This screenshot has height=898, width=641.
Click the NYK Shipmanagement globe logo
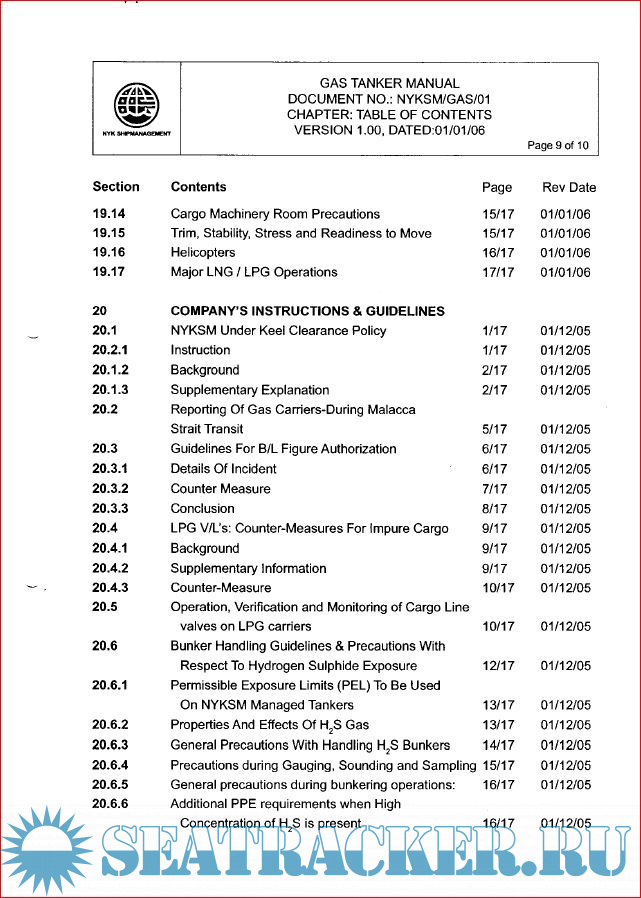click(x=136, y=104)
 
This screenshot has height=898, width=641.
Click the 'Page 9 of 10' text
click(x=558, y=146)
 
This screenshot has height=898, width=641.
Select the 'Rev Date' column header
click(x=568, y=187)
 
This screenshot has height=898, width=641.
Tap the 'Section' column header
click(x=116, y=187)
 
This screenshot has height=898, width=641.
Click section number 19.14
click(x=109, y=214)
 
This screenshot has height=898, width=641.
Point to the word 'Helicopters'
click(x=203, y=253)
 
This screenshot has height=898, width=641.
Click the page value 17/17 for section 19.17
click(x=498, y=272)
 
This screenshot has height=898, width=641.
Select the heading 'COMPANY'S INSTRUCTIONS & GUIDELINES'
click(x=307, y=311)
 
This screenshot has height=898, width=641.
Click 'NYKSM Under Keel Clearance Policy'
click(x=278, y=331)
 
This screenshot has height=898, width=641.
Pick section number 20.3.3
click(x=111, y=508)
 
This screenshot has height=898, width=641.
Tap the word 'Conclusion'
click(x=204, y=508)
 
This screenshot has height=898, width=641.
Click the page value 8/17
click(x=494, y=508)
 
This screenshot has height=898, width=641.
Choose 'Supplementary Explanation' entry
click(x=249, y=390)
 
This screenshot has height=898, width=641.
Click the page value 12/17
click(x=498, y=666)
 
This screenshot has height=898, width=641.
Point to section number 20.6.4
click(x=111, y=765)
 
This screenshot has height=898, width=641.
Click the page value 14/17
click(x=498, y=745)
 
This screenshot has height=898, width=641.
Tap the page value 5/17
click(x=494, y=429)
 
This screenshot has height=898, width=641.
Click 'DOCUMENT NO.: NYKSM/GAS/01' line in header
click(x=389, y=100)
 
